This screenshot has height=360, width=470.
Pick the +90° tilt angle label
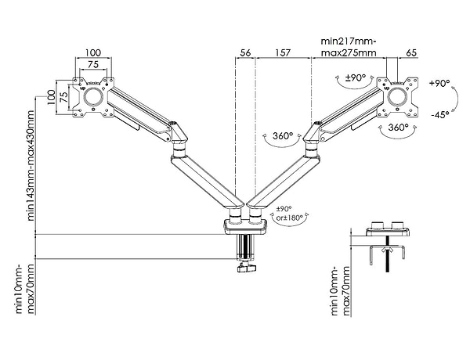(x=439, y=83)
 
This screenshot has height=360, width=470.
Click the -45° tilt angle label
(x=439, y=114)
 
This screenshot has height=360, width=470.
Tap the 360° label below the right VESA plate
(x=399, y=127)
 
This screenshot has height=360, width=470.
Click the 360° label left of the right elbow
(x=284, y=137)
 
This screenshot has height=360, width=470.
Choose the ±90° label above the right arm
(x=356, y=78)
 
